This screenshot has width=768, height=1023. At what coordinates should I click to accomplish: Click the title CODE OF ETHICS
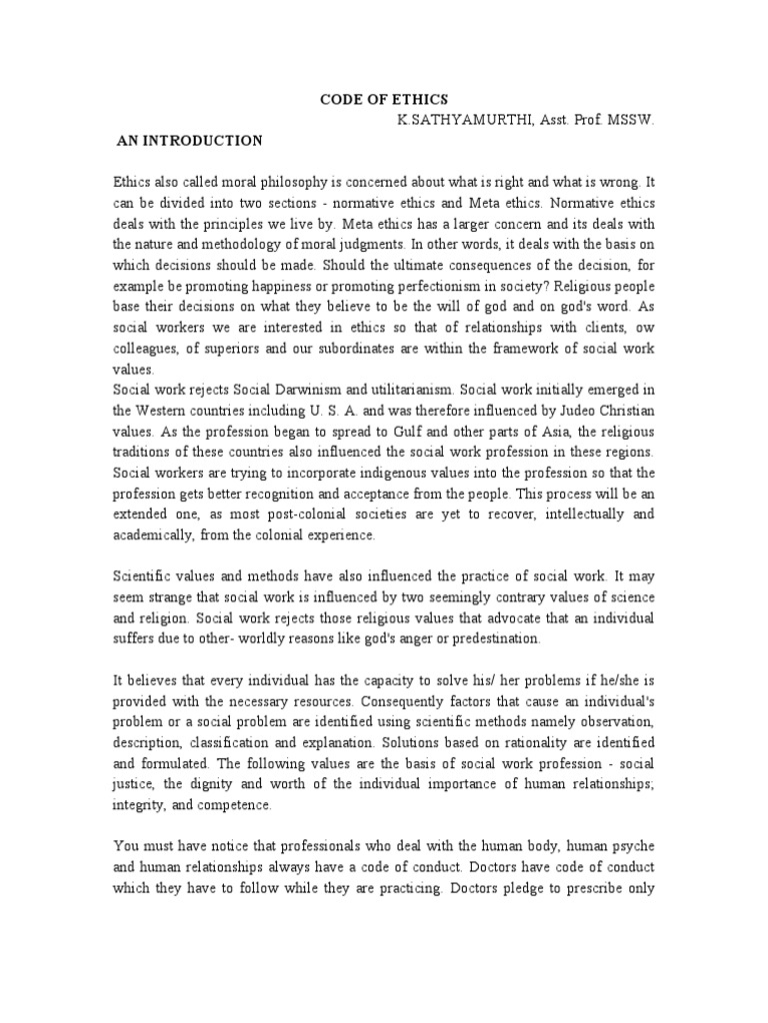pyautogui.click(x=384, y=100)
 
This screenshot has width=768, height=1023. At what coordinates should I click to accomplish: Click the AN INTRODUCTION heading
pyautogui.click(x=189, y=141)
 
